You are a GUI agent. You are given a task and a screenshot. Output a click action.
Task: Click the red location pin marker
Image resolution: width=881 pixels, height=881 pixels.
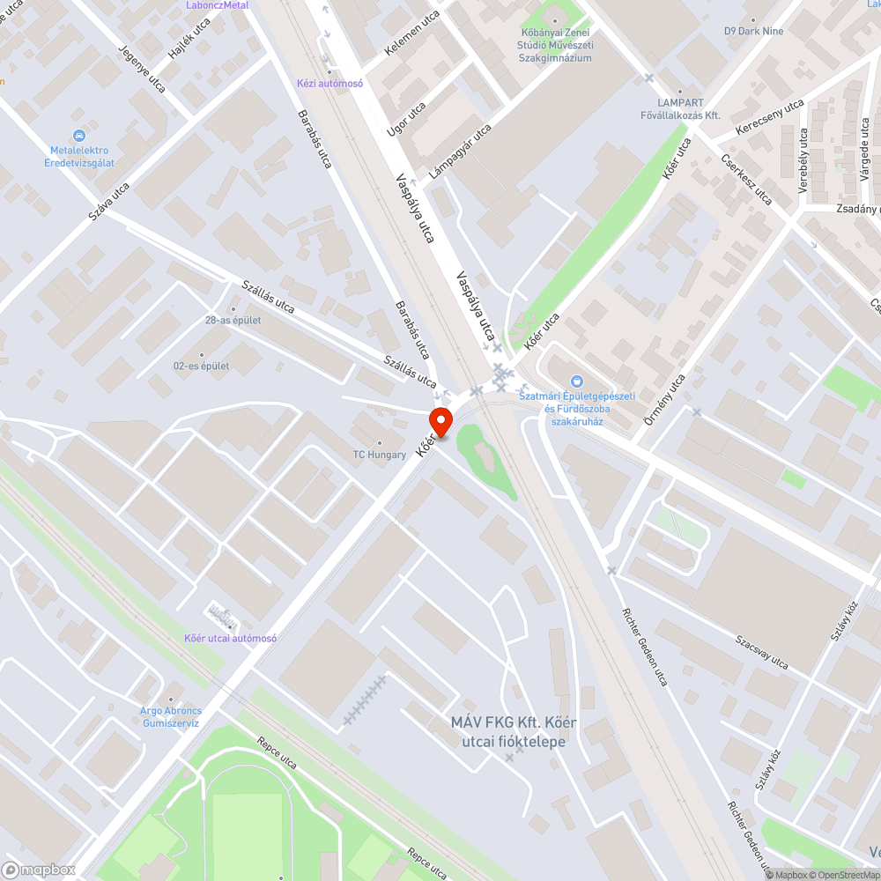(x=440, y=421)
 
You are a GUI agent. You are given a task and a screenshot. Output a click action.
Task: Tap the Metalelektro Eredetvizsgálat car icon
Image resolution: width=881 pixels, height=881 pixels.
(x=79, y=136)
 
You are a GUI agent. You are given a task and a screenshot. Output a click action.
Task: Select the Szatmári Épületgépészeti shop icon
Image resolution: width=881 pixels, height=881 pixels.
(x=577, y=381)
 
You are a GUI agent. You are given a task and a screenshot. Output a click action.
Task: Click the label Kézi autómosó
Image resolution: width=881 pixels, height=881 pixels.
(x=329, y=84)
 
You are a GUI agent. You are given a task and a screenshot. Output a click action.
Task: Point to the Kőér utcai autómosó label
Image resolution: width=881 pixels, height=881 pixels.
(x=230, y=638)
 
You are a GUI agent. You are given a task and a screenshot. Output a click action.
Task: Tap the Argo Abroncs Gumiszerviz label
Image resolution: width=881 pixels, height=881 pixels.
(x=171, y=716)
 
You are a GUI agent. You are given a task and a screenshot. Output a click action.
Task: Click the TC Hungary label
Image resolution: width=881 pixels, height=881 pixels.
(x=380, y=455)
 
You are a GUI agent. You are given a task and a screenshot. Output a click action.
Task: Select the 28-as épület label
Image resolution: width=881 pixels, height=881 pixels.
(x=233, y=321)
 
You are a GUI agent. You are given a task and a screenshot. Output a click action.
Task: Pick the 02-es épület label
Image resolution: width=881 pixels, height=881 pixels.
(x=202, y=366)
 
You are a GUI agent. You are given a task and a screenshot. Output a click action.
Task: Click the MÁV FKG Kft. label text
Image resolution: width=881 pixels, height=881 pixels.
(x=514, y=732)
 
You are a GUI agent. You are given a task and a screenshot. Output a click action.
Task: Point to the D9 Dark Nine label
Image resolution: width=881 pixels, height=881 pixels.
(x=753, y=31)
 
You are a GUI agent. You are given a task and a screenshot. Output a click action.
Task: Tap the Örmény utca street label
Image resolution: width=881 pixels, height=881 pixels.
(x=665, y=401)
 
